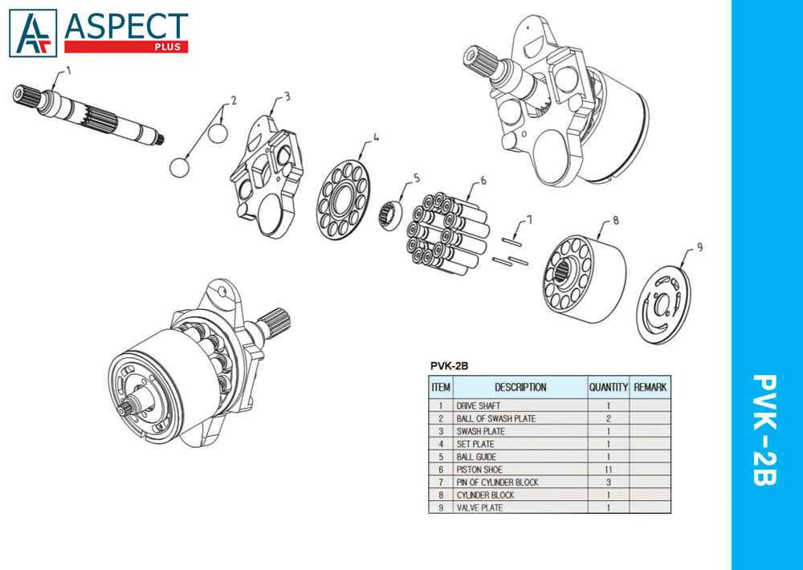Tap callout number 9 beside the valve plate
pos(699,248)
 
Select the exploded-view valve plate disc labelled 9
pos(664,305)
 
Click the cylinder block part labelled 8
pos(583,279)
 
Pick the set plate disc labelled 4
pos(343,199)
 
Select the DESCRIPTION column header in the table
pos(520,387)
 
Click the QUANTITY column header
pos(608,387)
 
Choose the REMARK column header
pos(650,387)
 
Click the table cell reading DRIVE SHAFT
pos(479,405)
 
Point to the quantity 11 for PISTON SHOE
pos(609,470)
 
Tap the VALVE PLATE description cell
pos(480,508)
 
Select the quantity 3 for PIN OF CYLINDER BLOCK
pos(609,482)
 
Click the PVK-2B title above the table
pos(449,366)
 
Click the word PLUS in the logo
pos(168,47)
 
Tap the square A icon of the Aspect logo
pos(33,33)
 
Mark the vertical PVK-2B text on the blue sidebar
pos(764,430)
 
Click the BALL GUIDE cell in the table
pos(476,457)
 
